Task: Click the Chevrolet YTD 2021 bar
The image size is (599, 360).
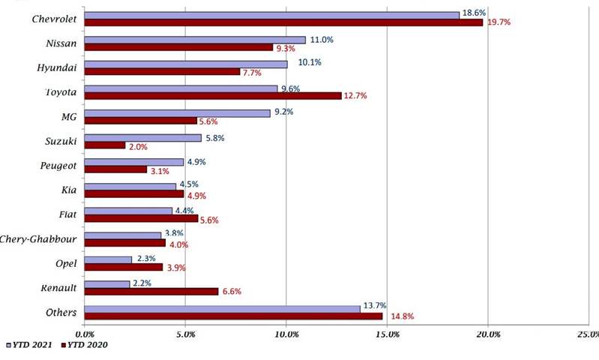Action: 271,15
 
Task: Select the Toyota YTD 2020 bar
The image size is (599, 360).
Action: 213,96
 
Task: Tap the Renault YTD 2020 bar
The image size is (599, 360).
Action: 151,291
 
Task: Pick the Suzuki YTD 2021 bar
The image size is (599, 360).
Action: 142,138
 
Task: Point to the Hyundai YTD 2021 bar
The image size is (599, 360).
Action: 185,64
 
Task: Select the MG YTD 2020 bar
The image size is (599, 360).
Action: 140,121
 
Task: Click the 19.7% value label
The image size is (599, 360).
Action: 499,22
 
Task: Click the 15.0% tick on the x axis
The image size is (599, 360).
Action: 387,334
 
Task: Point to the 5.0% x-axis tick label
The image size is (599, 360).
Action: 185,334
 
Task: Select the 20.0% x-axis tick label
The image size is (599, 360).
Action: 488,334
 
